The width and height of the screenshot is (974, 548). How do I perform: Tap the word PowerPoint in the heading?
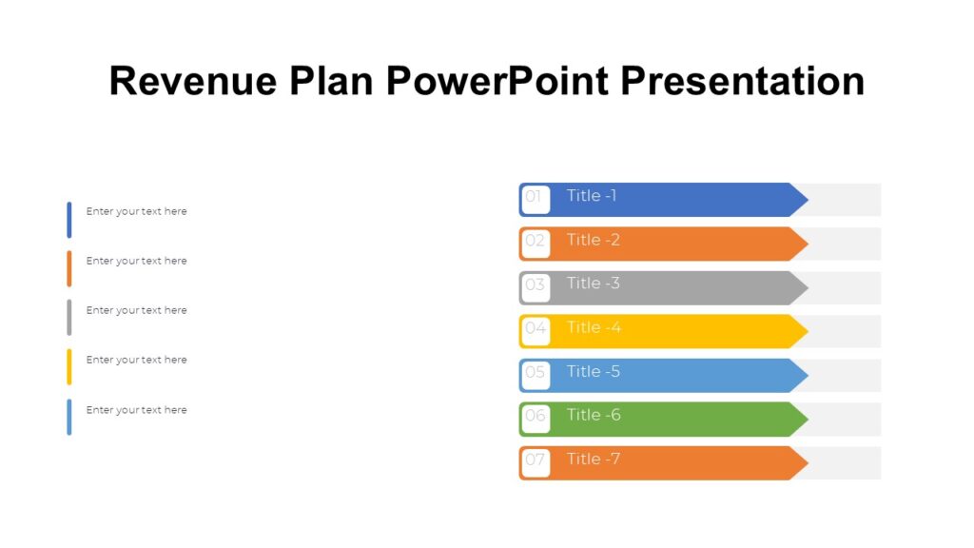click(497, 81)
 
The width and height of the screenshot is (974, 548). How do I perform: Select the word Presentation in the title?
click(743, 81)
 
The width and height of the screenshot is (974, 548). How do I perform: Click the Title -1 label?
click(592, 196)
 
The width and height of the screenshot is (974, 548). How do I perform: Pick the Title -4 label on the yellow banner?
click(594, 327)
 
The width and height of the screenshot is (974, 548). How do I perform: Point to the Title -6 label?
click(594, 415)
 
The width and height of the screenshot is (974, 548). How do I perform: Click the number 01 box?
click(535, 199)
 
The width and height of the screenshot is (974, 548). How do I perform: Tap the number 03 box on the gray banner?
click(536, 286)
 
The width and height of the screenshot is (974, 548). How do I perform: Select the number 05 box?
click(536, 374)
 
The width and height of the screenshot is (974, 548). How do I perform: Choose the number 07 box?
click(536, 462)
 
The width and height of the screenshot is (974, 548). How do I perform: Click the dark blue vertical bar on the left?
click(69, 220)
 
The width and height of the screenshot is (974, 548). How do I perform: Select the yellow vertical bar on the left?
click(69, 367)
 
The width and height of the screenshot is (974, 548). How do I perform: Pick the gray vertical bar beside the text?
click(69, 318)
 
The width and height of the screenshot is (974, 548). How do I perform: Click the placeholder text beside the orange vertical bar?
click(136, 261)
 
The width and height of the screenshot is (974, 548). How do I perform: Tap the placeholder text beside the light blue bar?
click(136, 410)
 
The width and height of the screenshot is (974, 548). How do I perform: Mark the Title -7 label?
click(594, 460)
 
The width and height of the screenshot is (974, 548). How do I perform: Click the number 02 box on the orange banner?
click(536, 243)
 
